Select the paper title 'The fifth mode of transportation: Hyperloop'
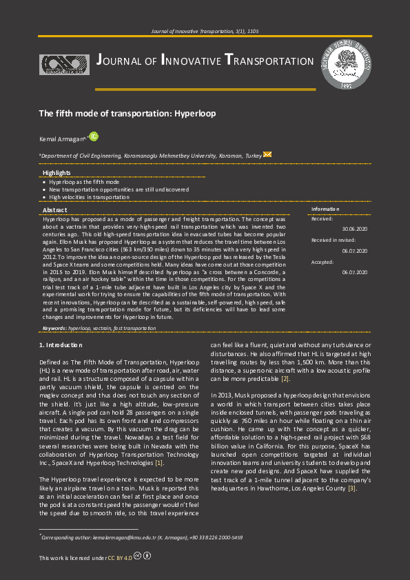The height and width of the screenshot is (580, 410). pyautogui.click(x=127, y=112)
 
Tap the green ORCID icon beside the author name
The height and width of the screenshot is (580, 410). pyautogui.click(x=94, y=137)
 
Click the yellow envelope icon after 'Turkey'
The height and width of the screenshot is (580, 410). pyautogui.click(x=268, y=155)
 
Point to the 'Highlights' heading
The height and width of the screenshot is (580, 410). pyautogui.click(x=57, y=172)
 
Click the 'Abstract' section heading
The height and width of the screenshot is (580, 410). pyautogui.click(x=55, y=209)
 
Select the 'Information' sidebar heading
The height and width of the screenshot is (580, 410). pyautogui.click(x=325, y=209)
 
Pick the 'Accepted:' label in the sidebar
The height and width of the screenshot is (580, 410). pyautogui.click(x=322, y=262)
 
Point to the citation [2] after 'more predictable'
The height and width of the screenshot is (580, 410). pyautogui.click(x=285, y=379)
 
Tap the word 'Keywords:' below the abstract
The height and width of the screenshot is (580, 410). pyautogui.click(x=54, y=329)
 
